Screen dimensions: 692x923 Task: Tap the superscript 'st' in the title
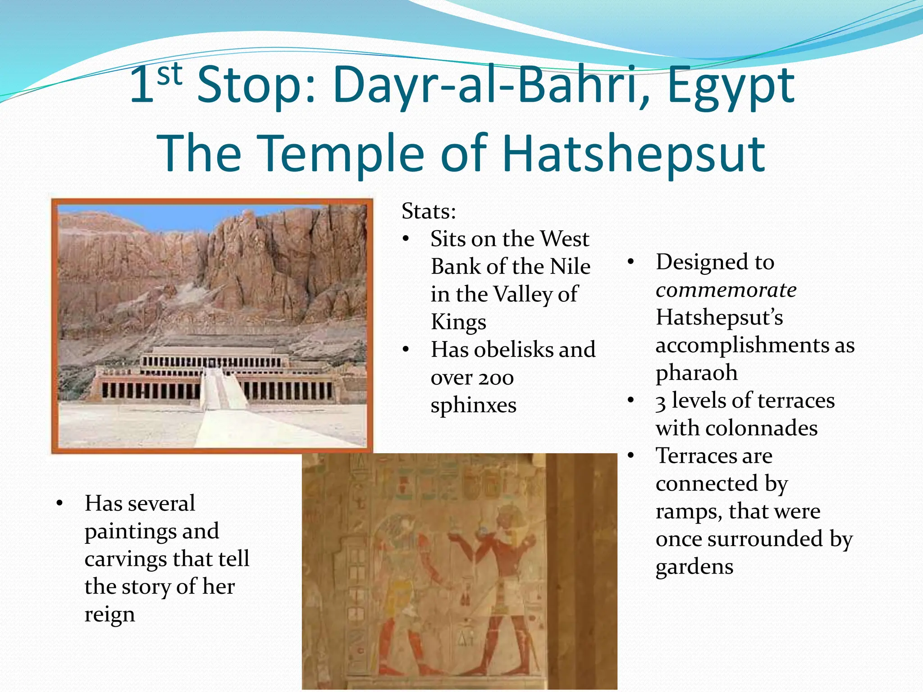(170, 75)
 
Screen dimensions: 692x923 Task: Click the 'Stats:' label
(429, 211)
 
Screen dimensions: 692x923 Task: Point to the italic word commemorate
(726, 290)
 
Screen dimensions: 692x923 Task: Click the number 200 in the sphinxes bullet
(495, 378)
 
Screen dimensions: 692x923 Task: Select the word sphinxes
(473, 405)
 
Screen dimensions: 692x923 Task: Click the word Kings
(458, 322)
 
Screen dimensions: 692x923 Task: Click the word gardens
(694, 567)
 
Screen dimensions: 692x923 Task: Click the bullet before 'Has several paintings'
(59, 504)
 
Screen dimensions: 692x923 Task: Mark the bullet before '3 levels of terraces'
(631, 401)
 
